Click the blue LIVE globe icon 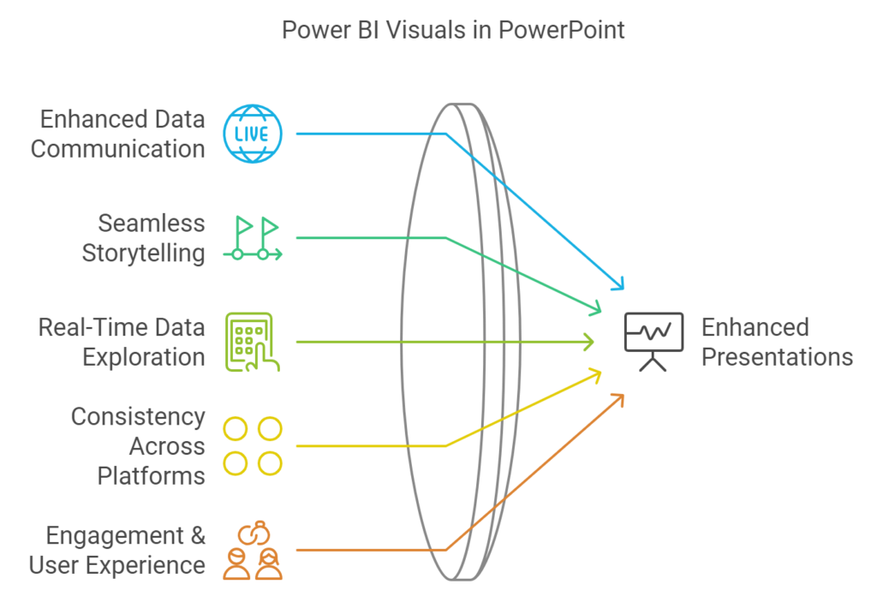tap(252, 134)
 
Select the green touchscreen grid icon tap(252, 342)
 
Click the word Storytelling tap(143, 253)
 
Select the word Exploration tap(144, 356)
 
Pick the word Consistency tap(138, 417)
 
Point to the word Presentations tap(777, 356)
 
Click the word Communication tap(118, 148)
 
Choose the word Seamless tap(151, 223)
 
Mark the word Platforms tap(151, 474)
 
